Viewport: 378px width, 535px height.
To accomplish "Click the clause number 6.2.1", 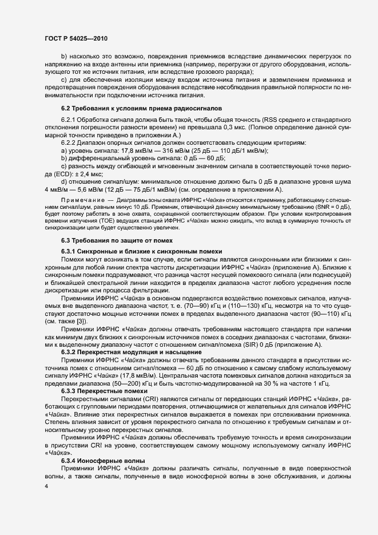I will [69, 118].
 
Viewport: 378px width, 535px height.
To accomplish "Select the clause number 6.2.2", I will [69, 142].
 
